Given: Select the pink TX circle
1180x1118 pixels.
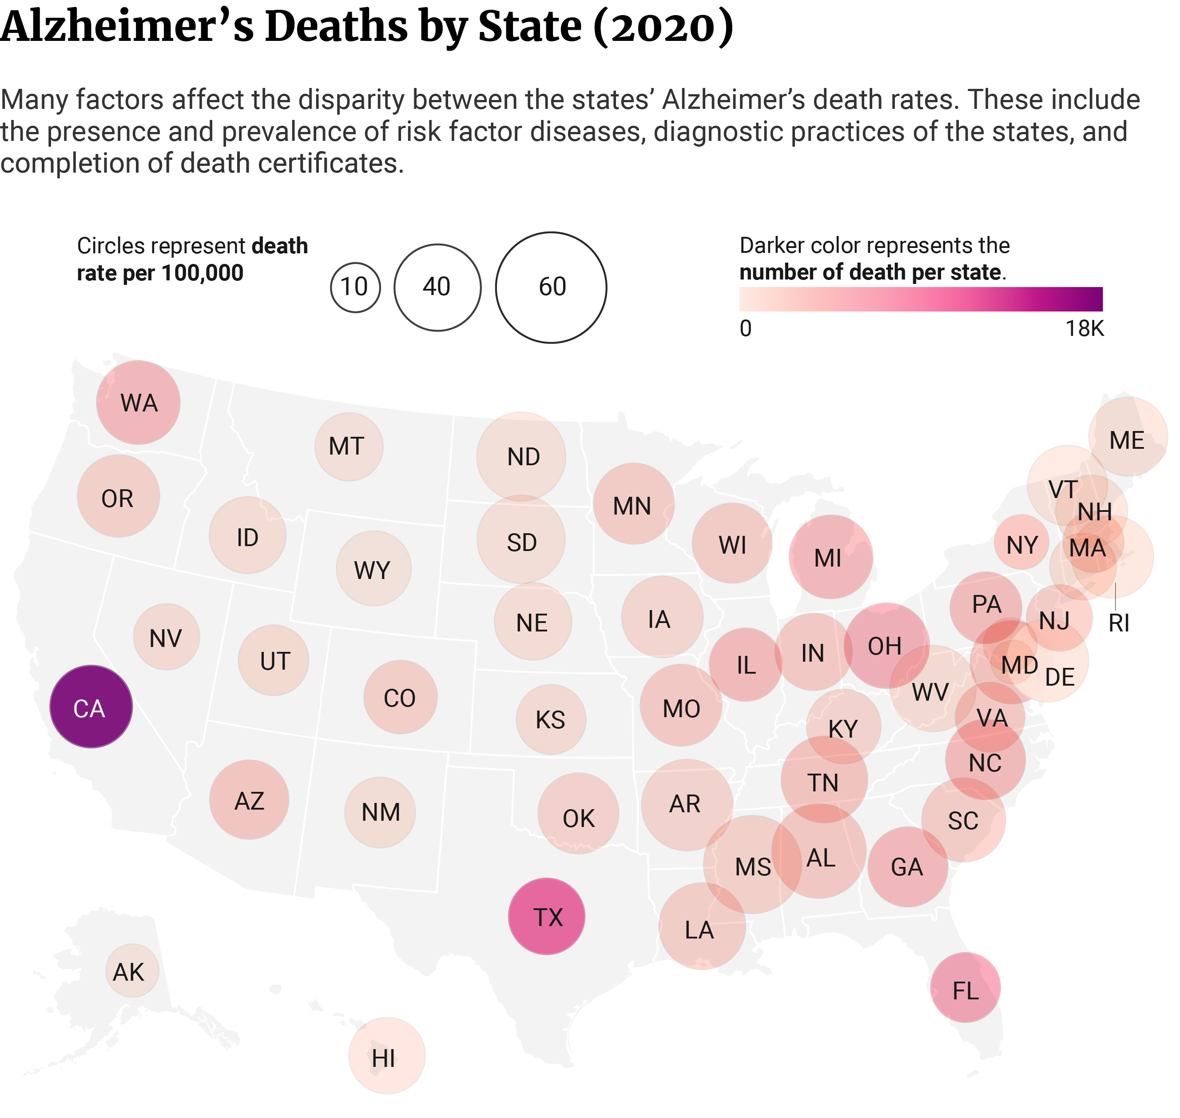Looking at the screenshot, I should [546, 917].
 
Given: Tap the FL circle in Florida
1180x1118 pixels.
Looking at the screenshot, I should [965, 987].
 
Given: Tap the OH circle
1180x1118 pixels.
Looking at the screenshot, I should [886, 646].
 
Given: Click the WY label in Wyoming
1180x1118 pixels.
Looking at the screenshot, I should [372, 570].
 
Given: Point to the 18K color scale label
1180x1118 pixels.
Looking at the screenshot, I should [1084, 329].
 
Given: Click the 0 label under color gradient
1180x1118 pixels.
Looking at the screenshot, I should [745, 329].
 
